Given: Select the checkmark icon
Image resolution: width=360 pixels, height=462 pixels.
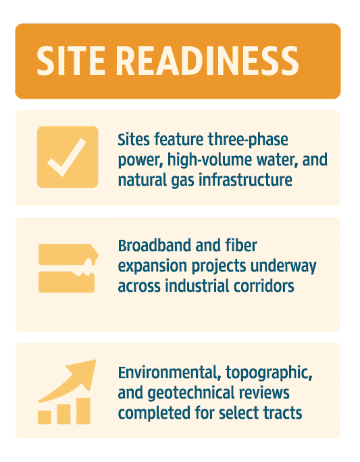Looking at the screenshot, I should (x=67, y=157).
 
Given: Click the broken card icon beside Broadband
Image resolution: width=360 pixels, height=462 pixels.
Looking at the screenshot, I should (x=67, y=268).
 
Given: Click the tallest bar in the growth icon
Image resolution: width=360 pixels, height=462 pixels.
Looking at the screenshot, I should (x=82, y=410).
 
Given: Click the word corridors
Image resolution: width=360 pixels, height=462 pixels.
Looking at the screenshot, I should (x=263, y=286).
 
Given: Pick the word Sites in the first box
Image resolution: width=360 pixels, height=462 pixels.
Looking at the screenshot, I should (x=134, y=140).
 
